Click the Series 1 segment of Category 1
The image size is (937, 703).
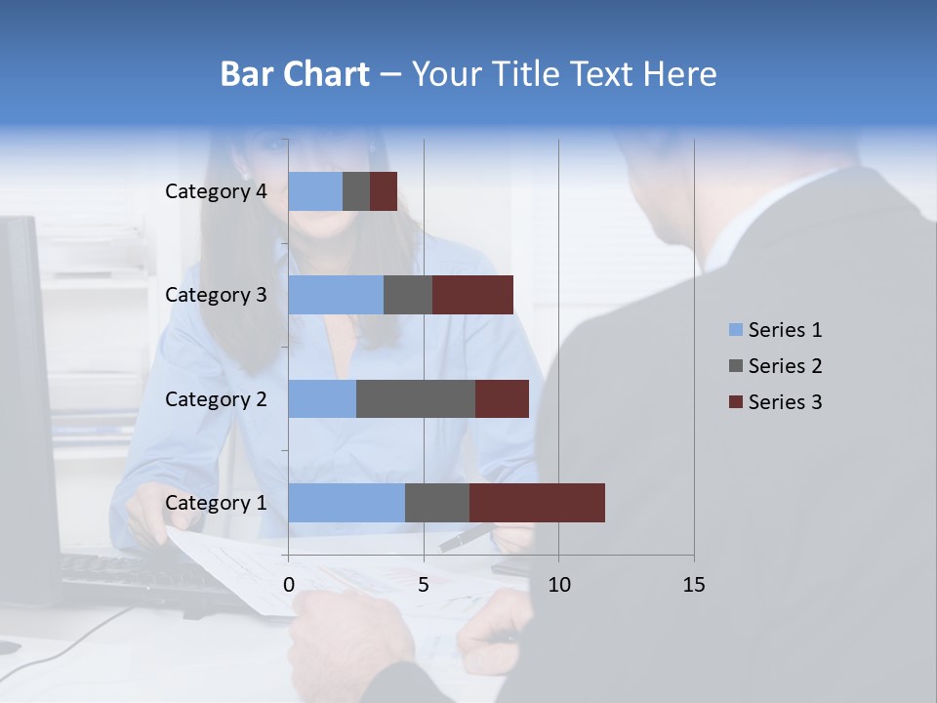346,502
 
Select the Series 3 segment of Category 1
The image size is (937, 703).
537,502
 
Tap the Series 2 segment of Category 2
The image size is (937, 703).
416,398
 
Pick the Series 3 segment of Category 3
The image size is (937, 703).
472,295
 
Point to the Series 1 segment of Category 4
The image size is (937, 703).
315,191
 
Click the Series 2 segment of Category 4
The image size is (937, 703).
356,191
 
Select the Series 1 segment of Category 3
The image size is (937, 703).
336,295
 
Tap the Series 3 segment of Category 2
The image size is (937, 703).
502,398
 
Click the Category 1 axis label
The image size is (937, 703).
216,503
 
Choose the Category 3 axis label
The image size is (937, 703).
216,295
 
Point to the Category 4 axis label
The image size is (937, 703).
216,191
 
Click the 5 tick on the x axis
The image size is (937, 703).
424,585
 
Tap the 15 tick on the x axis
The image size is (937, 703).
694,585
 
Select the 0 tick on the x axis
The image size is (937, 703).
289,585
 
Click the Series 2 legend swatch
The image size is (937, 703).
735,366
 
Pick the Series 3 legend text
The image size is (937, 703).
785,402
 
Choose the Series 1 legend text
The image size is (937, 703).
785,330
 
